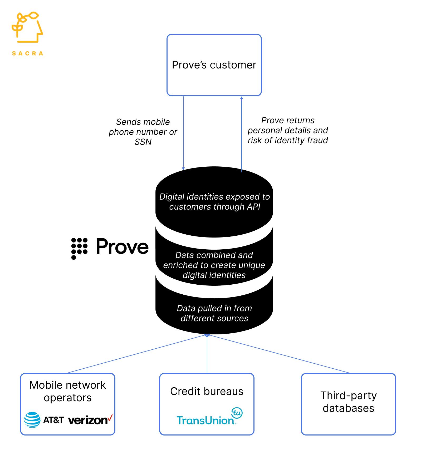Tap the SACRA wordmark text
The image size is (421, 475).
pos(27,53)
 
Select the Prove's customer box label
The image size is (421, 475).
pos(214,65)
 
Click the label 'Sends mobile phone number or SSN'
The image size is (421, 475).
pos(143,132)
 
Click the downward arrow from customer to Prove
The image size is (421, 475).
pos(183,132)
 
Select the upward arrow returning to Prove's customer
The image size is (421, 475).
pos(242,132)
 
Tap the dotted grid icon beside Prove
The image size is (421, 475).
pos(79,248)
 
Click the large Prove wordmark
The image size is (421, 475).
pos(122,247)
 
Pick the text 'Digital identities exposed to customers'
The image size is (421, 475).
pos(214,202)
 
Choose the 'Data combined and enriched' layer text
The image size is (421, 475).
pos(214,265)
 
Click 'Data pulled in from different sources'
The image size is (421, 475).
pos(214,313)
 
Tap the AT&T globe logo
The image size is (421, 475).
pos(32,420)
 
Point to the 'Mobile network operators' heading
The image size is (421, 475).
pos(68,391)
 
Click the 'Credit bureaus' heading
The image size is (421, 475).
pos(207,391)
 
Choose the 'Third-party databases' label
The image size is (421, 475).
pos(348,402)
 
